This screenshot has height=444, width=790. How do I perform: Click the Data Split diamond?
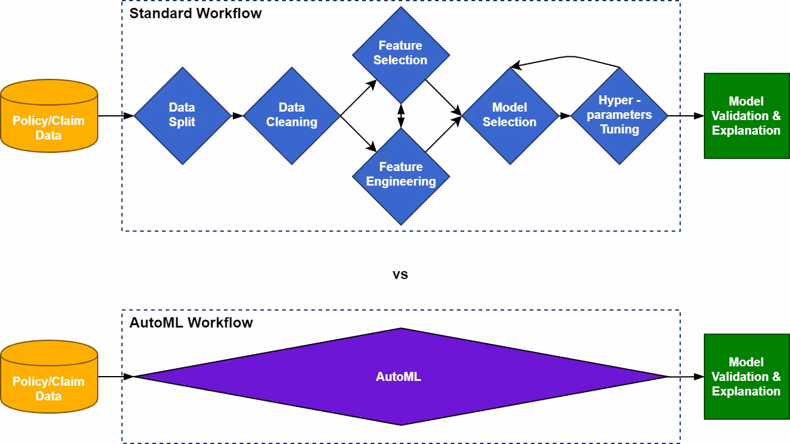coord(183,116)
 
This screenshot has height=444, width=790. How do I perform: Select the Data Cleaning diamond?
coord(292,116)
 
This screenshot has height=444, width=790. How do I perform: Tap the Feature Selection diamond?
coord(400,55)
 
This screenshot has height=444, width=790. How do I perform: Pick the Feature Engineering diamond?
coord(400,177)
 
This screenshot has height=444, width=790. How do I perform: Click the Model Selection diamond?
coord(510,116)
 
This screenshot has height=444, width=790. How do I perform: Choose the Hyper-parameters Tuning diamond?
coord(620,116)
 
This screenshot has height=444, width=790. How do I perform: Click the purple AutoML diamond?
coord(400,377)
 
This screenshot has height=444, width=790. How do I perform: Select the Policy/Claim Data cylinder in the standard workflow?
coord(49,116)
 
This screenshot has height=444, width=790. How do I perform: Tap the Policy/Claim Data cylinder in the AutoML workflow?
coord(49,377)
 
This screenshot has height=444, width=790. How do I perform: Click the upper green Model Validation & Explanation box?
coord(747,116)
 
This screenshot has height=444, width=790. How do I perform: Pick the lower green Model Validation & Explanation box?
coord(747,377)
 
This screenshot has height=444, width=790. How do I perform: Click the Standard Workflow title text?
coord(195,13)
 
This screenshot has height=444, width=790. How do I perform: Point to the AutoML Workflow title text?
coord(191,323)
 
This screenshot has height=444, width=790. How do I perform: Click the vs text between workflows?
coord(400,274)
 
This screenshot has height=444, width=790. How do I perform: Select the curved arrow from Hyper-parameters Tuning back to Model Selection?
coord(568,56)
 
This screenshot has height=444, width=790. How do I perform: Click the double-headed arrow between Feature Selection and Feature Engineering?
coord(401,116)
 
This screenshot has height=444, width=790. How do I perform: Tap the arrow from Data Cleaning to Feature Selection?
coord(359,98)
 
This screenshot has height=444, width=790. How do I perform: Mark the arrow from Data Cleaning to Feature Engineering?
coord(359,133)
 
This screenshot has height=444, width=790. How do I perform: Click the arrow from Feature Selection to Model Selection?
coord(444,98)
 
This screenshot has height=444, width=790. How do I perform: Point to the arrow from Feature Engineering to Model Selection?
coord(444,134)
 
